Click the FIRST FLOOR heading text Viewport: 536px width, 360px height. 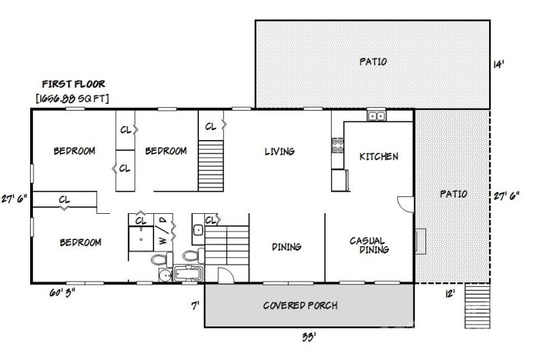[x=73, y=84]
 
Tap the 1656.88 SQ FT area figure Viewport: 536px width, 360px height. [x=73, y=99]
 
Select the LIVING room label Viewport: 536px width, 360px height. [x=279, y=152]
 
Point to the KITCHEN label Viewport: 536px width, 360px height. [x=379, y=156]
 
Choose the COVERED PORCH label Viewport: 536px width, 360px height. [x=299, y=306]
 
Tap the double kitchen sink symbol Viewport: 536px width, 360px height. [x=376, y=116]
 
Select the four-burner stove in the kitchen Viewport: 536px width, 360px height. [x=337, y=145]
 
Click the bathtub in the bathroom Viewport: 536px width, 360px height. [x=190, y=274]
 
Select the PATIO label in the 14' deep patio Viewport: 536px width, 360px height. [x=373, y=62]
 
